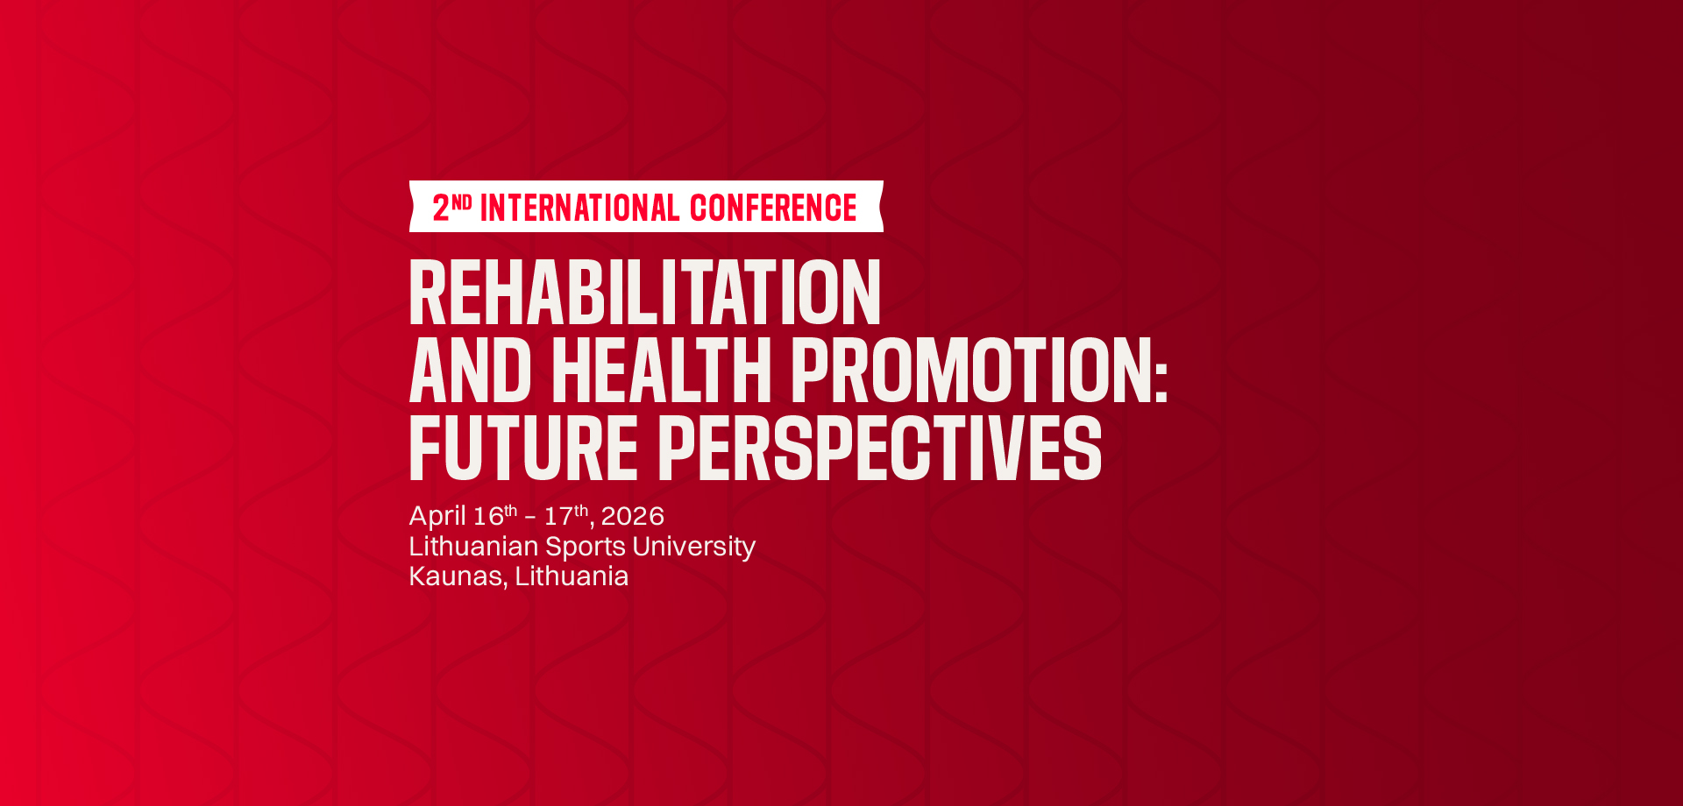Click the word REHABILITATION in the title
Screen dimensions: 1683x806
645,293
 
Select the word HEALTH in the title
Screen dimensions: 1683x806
662,371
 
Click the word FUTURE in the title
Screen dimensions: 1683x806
523,449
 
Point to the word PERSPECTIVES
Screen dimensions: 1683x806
880,449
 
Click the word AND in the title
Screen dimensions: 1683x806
471,371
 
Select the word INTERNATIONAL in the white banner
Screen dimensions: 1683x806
580,209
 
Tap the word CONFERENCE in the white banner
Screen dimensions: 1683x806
773,209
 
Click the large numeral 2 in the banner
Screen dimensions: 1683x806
441,209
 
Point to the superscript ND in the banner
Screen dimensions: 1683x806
462,201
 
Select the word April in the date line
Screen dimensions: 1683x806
437,517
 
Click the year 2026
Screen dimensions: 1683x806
633,516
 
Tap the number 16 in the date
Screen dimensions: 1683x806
488,516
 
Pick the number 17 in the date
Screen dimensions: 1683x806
559,516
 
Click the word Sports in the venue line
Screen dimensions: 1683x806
586,547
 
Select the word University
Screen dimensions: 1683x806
693,548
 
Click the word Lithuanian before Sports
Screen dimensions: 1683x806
473,546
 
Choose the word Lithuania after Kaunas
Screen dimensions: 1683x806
572,576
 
